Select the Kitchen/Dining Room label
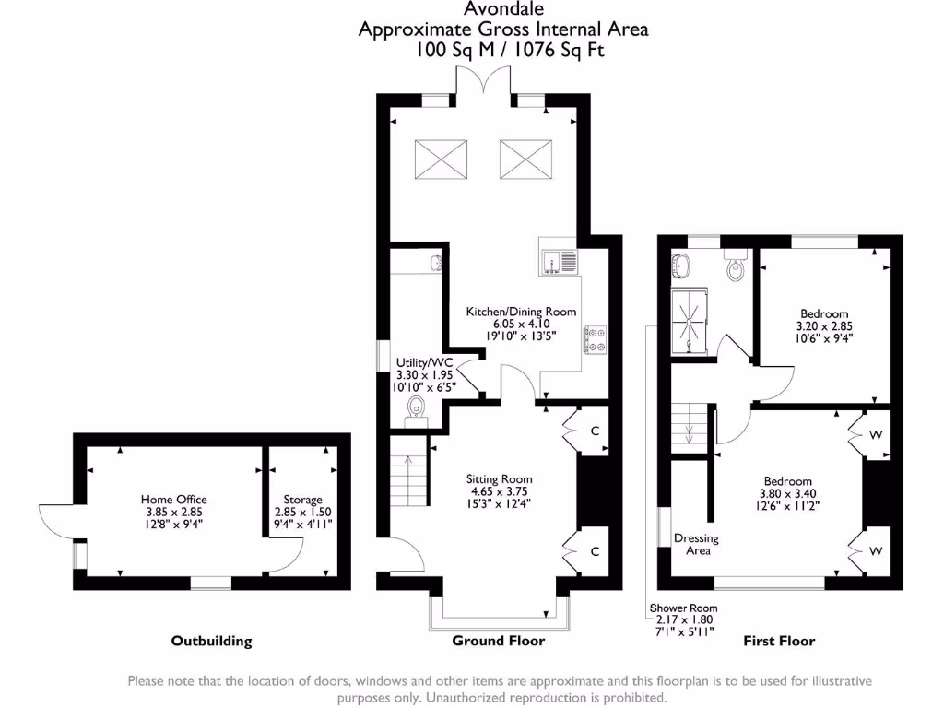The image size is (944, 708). coord(521,312)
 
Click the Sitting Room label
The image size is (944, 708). coord(501,479)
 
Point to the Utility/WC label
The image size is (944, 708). coord(424,363)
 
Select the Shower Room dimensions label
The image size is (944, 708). coord(683,608)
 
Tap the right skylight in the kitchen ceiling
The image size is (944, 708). coord(525,159)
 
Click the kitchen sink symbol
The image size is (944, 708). coord(558,262)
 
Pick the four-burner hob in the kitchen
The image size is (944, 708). coord(595,341)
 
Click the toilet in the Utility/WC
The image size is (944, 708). coord(417,407)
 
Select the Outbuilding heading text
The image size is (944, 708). coord(211,641)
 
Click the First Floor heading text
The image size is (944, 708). coord(779,641)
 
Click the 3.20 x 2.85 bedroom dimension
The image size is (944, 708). coord(822,325)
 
